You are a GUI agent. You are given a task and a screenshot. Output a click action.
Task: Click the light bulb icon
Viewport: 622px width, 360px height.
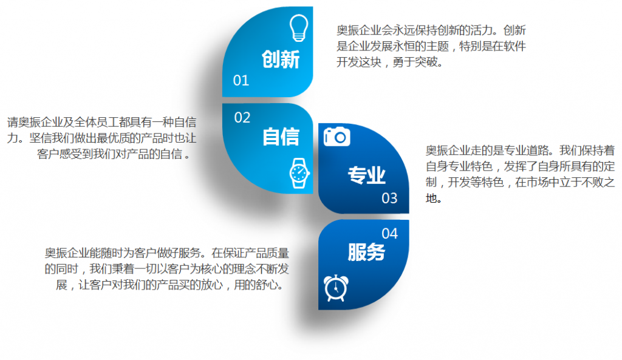tap(299, 28)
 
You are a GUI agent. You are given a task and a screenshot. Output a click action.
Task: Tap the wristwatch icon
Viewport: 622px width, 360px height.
tap(299, 173)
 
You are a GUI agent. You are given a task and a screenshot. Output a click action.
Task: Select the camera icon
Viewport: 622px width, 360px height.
tap(337, 137)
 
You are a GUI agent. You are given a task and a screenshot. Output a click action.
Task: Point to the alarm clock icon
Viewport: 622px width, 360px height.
tap(336, 288)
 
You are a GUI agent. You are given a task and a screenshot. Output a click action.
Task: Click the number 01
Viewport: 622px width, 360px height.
tap(241, 81)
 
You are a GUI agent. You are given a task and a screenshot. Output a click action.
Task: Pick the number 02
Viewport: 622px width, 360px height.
tap(242, 118)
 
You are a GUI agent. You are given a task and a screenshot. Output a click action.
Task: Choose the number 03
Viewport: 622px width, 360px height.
tap(389, 199)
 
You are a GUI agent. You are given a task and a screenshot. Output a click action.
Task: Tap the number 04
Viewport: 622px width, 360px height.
tap(389, 234)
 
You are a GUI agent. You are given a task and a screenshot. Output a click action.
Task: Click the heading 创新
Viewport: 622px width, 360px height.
tap(281, 59)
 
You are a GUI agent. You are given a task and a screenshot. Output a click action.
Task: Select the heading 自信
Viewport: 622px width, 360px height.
tap(281, 137)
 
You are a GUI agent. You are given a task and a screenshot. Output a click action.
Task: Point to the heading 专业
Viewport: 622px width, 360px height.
tap(366, 175)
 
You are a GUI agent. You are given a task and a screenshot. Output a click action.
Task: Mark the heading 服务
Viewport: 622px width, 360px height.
tap(366, 252)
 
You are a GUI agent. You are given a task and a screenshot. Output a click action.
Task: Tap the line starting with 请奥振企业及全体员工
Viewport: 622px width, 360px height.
tap(101, 122)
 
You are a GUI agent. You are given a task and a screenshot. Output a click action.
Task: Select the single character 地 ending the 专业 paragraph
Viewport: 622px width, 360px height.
tap(431, 198)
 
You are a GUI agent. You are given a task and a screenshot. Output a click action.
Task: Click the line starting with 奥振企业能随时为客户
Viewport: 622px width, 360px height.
tap(166, 253)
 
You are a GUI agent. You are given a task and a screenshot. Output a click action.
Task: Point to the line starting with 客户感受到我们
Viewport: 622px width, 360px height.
tap(113, 154)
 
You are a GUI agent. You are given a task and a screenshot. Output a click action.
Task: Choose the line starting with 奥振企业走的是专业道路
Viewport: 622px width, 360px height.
tap(520, 151)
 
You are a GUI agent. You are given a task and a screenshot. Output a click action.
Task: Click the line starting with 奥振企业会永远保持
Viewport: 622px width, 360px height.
tap(431, 30)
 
